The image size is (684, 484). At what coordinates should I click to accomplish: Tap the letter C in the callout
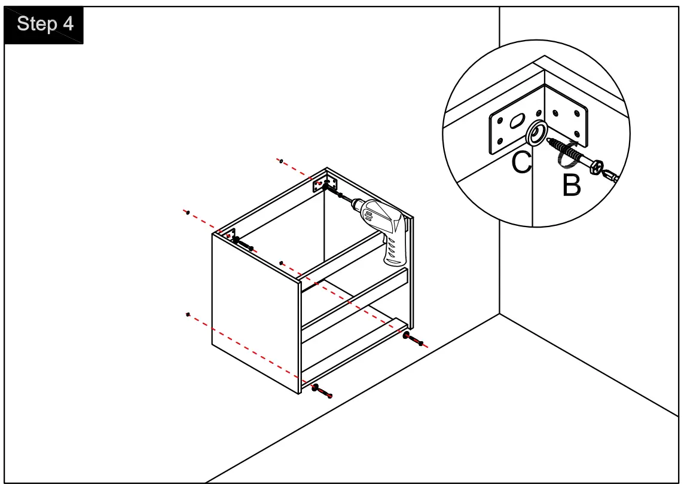(x=521, y=162)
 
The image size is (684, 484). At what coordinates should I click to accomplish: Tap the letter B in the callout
(x=572, y=186)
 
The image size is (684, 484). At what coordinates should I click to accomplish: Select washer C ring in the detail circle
(x=536, y=133)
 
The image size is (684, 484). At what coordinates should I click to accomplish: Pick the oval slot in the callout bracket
(x=515, y=122)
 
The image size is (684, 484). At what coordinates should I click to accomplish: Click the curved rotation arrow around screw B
(x=566, y=154)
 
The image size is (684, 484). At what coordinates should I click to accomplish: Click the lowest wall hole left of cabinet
(x=188, y=314)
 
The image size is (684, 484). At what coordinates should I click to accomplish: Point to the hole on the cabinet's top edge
(x=281, y=262)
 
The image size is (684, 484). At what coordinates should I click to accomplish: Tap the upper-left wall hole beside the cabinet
(x=187, y=212)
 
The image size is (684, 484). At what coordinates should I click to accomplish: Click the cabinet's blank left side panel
(x=254, y=311)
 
